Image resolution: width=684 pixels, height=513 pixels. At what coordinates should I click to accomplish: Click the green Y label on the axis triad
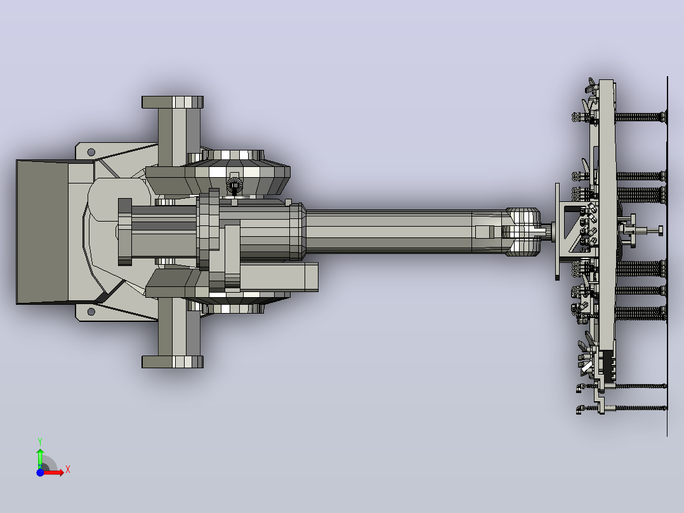coord(40,442)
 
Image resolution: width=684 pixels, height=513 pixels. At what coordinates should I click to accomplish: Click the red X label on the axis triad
coord(68,470)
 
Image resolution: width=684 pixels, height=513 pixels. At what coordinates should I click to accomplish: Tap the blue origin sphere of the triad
coord(40,472)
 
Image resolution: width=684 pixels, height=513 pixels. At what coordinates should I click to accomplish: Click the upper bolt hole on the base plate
coord(91,152)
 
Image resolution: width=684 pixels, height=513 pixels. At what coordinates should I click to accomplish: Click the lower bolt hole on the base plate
coord(91,312)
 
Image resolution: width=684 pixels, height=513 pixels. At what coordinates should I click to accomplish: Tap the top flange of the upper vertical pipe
coord(173,102)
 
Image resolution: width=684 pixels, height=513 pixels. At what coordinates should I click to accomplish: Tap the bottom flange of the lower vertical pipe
coord(173,362)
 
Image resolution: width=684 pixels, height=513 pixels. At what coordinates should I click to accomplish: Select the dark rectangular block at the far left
coord(43,232)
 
